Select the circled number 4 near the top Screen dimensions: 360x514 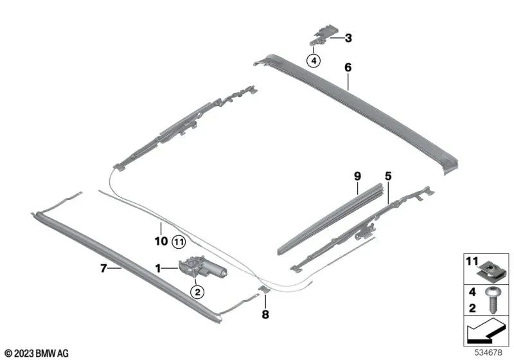tap(314, 60)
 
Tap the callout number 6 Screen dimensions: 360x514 tap(348, 67)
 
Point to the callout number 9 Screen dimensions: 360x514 tap(357, 175)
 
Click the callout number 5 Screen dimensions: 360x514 tap(387, 175)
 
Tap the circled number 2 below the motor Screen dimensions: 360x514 tap(197, 292)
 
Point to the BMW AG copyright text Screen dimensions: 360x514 tap(36, 353)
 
